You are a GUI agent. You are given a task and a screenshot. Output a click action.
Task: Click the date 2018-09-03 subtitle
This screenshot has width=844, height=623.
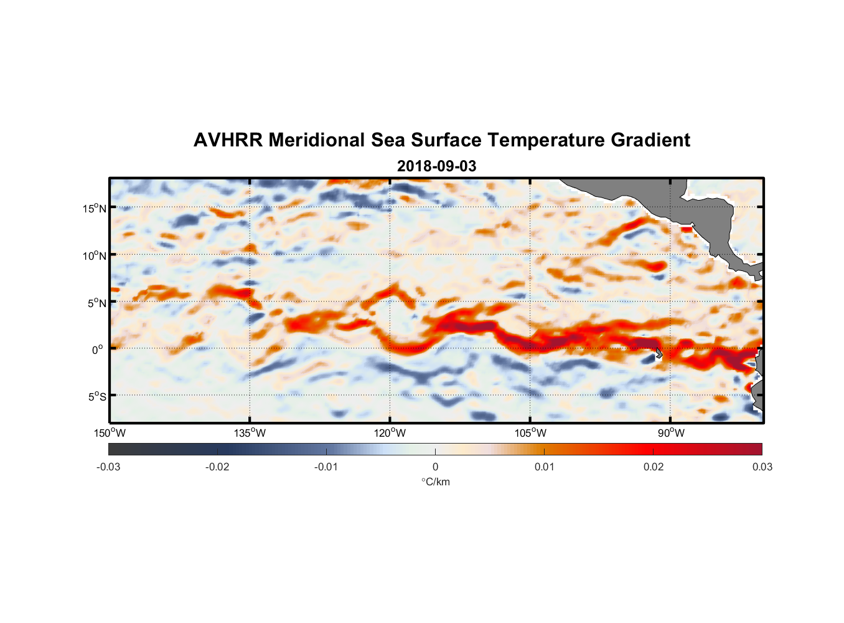click(436, 166)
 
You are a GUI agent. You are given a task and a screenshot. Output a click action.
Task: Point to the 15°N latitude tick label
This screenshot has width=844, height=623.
click(95, 208)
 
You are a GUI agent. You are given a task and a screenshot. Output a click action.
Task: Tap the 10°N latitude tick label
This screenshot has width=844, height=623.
click(95, 255)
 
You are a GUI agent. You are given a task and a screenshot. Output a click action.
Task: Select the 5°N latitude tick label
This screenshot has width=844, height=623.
click(97, 303)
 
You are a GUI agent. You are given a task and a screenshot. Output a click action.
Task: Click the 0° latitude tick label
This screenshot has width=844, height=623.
click(98, 350)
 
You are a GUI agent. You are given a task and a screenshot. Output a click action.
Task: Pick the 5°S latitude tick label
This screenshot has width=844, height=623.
click(97, 396)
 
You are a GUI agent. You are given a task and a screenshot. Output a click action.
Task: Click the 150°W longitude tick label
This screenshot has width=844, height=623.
click(110, 433)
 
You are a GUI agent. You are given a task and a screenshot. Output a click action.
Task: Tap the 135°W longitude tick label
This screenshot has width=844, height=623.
click(250, 433)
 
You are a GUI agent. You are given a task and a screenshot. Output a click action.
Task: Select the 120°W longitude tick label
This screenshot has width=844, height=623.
click(390, 433)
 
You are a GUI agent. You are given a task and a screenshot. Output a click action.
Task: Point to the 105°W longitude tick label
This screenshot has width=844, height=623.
click(530, 433)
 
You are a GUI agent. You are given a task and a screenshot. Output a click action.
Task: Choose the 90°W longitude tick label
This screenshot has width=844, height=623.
click(670, 433)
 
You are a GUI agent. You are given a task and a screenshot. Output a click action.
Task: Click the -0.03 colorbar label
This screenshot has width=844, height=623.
click(108, 467)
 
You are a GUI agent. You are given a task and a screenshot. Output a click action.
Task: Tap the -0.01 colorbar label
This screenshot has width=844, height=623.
click(326, 467)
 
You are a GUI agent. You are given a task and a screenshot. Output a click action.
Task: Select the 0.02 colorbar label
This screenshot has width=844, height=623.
click(654, 467)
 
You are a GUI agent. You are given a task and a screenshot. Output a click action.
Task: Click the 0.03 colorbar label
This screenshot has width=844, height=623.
click(762, 467)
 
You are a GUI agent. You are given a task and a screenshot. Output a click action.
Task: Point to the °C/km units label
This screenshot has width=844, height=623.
click(435, 482)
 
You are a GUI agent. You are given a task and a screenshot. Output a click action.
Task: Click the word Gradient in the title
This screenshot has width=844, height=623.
click(650, 140)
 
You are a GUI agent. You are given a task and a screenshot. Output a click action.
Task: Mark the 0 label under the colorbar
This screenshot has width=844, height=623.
click(435, 467)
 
